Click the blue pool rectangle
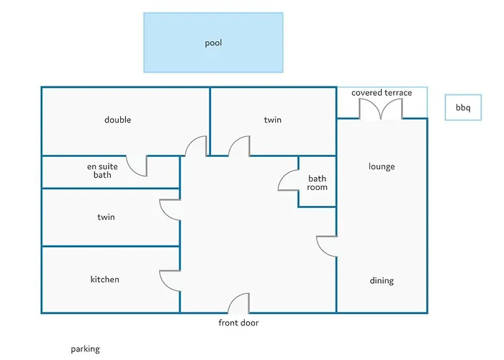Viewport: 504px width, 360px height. coord(213,42)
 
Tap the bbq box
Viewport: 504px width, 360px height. coord(463,107)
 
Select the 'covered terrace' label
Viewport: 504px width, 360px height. coord(382,93)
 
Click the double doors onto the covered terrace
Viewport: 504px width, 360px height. coord(381,109)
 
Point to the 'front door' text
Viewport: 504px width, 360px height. coord(238,323)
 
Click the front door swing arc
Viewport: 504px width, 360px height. coord(235,297)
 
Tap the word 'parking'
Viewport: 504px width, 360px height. coord(85,349)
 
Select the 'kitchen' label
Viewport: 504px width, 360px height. coord(105,279)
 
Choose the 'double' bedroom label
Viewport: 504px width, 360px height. coord(117,120)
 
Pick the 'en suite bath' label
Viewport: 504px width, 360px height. coord(102,171)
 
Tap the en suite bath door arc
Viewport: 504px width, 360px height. coord(132,170)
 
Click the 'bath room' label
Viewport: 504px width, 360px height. coord(317,183)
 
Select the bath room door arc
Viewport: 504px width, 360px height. coord(283,175)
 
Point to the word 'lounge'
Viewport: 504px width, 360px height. coord(382,166)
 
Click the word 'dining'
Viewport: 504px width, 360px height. coord(382,281)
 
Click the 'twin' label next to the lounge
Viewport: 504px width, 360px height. coord(273,120)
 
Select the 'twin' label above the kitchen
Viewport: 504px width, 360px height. coord(106,217)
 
